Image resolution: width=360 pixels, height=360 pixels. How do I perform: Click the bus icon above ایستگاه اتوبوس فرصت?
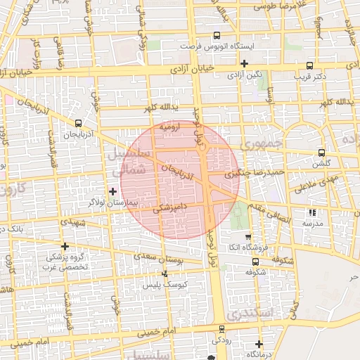click(217, 36)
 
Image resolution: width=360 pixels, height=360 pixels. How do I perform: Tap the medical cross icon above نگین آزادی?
click(244, 63)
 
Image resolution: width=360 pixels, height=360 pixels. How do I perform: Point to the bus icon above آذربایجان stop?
click(78, 122)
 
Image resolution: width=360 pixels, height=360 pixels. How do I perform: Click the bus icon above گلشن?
click(322, 153)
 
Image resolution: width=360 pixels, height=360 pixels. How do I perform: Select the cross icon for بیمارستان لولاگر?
click(112, 191)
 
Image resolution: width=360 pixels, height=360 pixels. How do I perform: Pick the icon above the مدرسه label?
click(313, 212)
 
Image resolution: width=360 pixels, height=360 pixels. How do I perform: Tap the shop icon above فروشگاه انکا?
click(247, 237)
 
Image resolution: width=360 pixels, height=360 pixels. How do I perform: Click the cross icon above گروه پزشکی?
click(65, 246)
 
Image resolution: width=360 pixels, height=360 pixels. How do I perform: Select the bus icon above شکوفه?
click(255, 262)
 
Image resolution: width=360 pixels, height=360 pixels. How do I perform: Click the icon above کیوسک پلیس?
click(165, 274)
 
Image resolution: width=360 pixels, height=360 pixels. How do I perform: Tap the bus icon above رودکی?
click(222, 329)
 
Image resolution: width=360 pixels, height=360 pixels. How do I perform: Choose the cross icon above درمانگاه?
click(259, 344)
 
